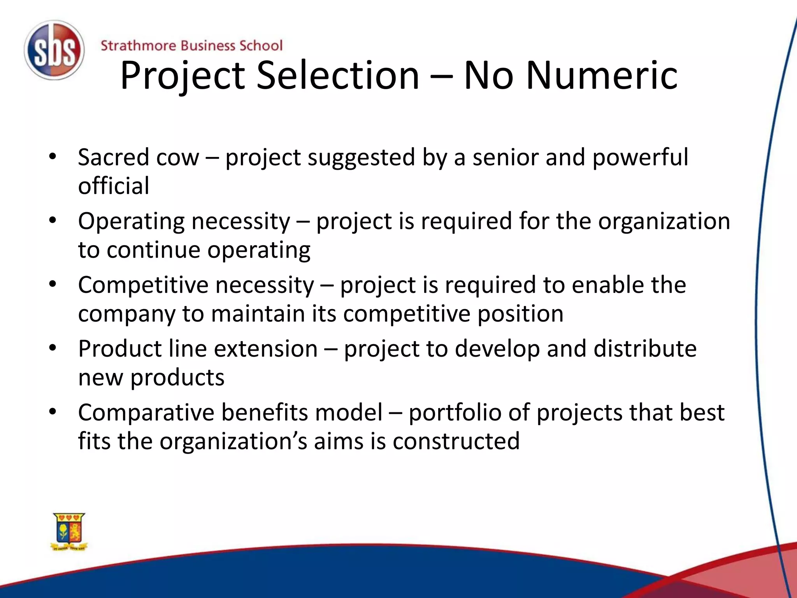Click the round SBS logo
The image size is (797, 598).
[x=54, y=50]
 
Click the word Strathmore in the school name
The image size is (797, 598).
[x=138, y=46]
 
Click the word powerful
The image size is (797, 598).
[x=640, y=158]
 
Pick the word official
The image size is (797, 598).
[x=114, y=186]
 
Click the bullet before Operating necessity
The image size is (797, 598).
[x=53, y=221]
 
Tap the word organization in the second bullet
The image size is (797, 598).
[x=664, y=222]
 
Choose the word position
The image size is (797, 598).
[x=520, y=314]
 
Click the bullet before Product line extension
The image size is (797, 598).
[x=53, y=348]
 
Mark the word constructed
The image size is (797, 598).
[x=456, y=441]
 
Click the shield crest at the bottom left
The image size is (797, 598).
[x=69, y=531]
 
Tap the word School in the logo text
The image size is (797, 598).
[x=261, y=46]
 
